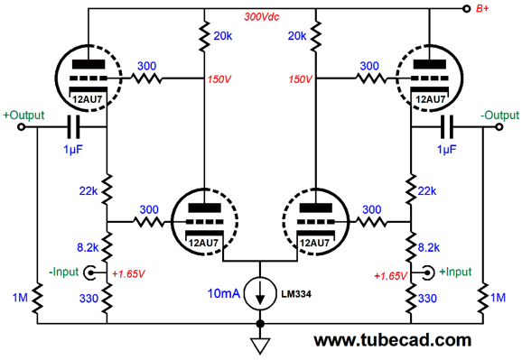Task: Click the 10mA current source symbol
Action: pos(261,292)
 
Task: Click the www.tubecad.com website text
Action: pos(393,340)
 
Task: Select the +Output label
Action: pos(25,115)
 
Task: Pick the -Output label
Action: pos(495,115)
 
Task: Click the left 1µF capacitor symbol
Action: pos(74,127)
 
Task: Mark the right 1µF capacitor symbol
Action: pos(446,127)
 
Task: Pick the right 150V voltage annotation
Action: pos(301,79)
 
